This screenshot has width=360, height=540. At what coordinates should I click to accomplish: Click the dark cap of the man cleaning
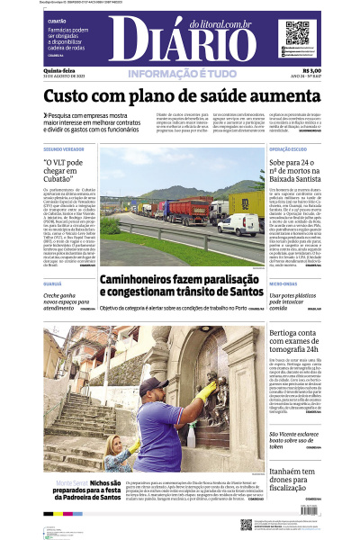151,384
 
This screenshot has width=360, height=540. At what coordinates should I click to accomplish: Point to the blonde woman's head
116,442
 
